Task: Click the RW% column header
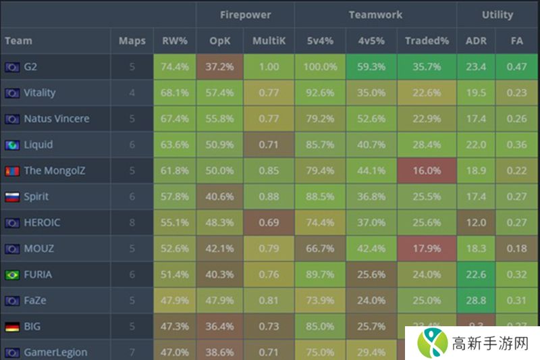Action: (x=175, y=41)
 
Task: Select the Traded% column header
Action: (x=427, y=41)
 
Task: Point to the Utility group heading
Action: (x=497, y=14)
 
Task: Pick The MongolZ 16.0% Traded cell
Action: (x=427, y=171)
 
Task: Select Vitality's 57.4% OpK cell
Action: (x=219, y=93)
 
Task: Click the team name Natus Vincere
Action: (x=57, y=119)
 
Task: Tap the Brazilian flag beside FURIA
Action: (x=11, y=275)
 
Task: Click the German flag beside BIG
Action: (x=11, y=327)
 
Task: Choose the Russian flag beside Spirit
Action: (x=11, y=197)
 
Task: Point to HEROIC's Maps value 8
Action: (x=132, y=223)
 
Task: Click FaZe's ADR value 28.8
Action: (x=476, y=301)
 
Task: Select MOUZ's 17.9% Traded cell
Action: (x=427, y=249)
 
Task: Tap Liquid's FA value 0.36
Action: (x=517, y=145)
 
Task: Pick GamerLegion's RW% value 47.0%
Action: (x=175, y=352)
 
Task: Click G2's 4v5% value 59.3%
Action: (x=371, y=67)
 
